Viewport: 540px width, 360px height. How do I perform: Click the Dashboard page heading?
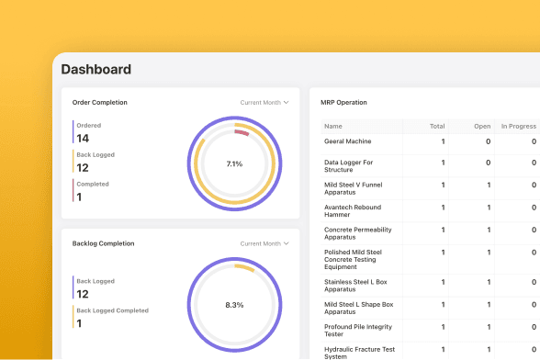pos(96,69)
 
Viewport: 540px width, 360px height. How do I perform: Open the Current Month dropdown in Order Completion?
pos(264,102)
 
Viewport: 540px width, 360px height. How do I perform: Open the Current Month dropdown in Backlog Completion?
pos(264,243)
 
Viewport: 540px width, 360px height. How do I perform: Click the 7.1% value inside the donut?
pos(234,164)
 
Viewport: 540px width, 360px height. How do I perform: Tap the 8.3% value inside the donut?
pos(234,305)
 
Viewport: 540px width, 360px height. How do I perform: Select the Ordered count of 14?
pos(83,139)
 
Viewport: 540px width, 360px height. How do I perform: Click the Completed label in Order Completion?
pos(93,184)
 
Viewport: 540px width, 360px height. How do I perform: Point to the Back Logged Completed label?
pos(113,310)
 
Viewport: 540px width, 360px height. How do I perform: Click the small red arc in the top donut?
pos(242,132)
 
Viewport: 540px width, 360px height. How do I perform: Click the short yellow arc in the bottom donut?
pos(245,267)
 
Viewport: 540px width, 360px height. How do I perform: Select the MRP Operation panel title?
pos(343,102)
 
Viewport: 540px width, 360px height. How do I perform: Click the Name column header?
pos(333,127)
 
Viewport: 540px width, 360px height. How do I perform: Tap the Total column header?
pos(437,127)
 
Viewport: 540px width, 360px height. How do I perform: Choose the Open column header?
pos(482,127)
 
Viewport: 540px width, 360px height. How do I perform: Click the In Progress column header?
pos(519,127)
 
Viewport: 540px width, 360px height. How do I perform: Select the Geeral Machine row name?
pos(348,141)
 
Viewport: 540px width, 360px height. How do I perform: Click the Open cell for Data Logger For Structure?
pos(488,163)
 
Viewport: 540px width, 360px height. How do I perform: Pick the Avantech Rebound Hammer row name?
pos(353,211)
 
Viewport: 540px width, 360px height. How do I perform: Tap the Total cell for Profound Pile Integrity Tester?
pos(444,327)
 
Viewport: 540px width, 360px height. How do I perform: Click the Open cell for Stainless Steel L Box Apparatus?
pos(489,282)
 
